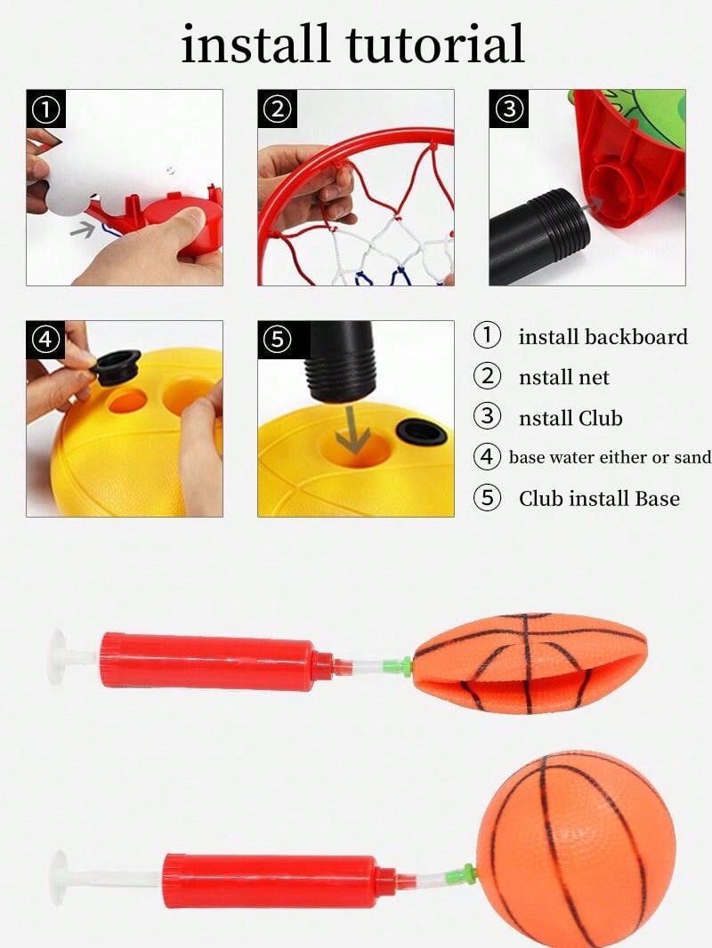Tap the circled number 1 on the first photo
click(46, 110)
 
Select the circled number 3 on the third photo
click(509, 109)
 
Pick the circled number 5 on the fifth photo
click(278, 340)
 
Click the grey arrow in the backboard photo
click(84, 229)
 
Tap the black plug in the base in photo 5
click(422, 434)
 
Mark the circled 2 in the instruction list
click(487, 376)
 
